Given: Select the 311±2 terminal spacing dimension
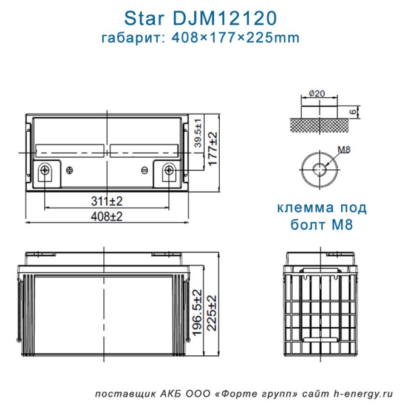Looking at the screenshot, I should click(x=106, y=200).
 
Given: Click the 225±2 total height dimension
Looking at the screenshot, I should click(x=212, y=313).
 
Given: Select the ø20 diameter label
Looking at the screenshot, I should click(x=317, y=94).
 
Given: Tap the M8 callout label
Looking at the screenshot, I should click(x=344, y=149).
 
